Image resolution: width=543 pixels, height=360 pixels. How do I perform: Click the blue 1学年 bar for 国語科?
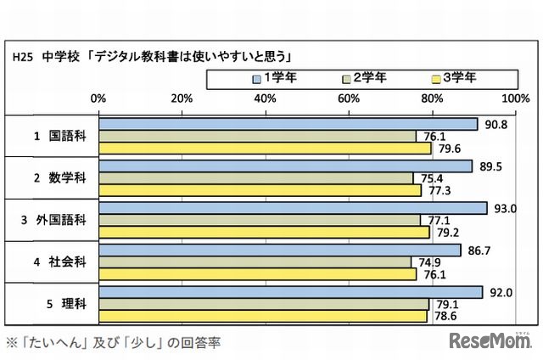pyautogui.click(x=288, y=124)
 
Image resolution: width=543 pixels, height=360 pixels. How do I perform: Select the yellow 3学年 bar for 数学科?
pyautogui.click(x=260, y=190)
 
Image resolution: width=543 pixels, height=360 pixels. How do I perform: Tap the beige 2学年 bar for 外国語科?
pyautogui.click(x=260, y=220)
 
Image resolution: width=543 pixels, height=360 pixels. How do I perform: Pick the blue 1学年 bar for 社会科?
pyautogui.click(x=280, y=250)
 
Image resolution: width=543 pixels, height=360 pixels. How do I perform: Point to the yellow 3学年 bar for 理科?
pyautogui.click(x=263, y=316)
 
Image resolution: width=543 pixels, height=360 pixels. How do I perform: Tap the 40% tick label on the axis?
pyautogui.click(x=266, y=98)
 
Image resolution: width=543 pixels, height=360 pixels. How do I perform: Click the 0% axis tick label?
pyautogui.click(x=98, y=98)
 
